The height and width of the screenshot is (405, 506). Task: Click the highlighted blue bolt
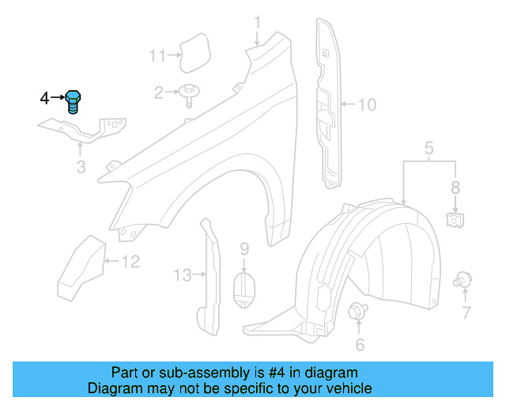tap(74, 101)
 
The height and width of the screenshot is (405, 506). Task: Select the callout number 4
tap(44, 98)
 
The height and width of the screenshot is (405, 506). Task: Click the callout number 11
tap(157, 55)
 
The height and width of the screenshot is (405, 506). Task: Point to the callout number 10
tap(368, 104)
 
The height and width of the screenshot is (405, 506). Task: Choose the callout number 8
tap(455, 188)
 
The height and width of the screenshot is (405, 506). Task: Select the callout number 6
tap(360, 344)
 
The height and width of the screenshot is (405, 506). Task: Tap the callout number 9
tap(244, 249)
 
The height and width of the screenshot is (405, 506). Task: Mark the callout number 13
tap(183, 275)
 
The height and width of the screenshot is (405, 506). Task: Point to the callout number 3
tap(81, 167)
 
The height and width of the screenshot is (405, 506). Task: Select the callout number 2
tap(159, 93)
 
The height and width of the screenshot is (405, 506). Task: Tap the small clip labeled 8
tap(455, 219)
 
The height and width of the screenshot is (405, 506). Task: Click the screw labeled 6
tap(357, 311)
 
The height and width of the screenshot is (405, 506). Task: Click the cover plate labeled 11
tap(191, 51)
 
